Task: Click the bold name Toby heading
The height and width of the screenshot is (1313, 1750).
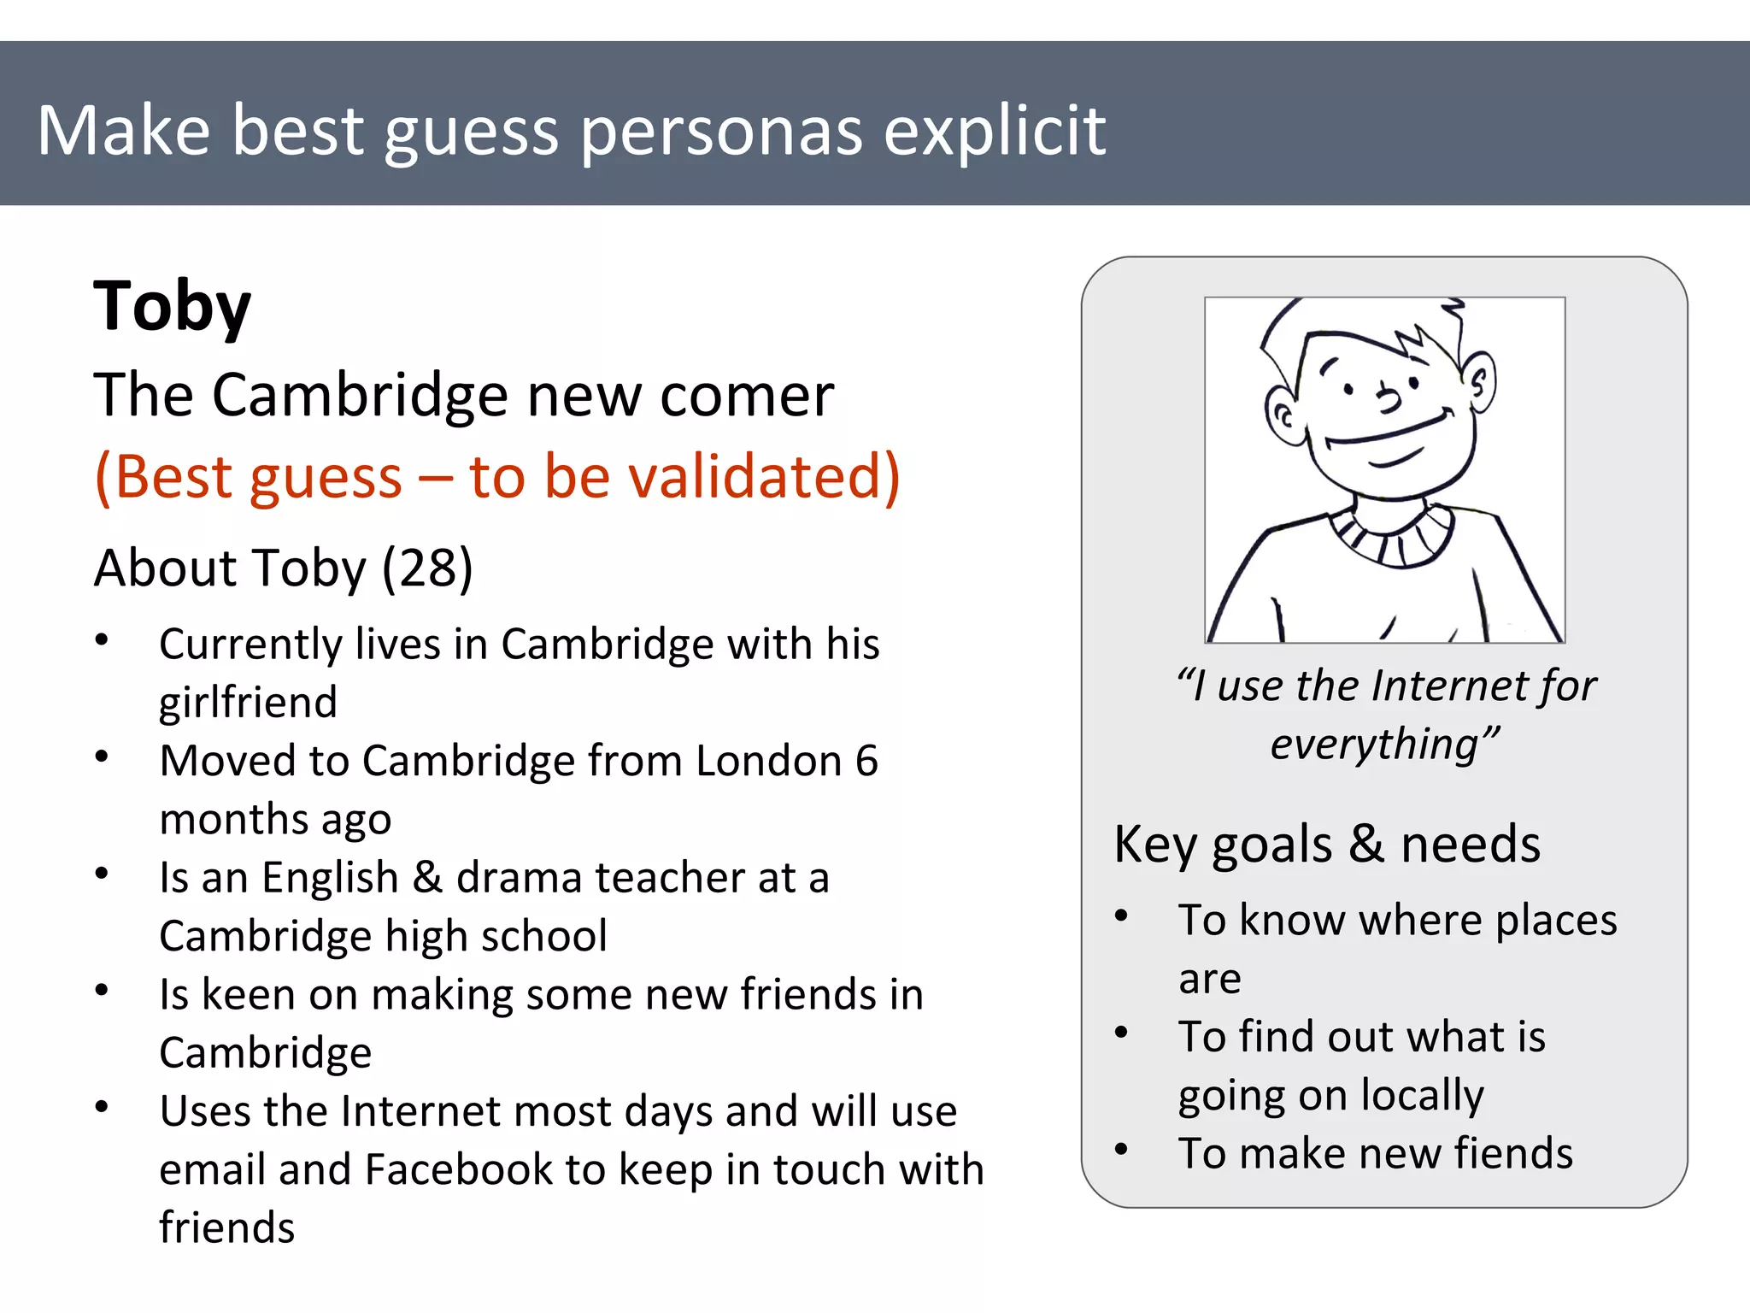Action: click(172, 306)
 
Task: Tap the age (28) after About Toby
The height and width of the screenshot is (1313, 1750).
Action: click(427, 568)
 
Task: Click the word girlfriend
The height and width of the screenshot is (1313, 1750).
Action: click(248, 703)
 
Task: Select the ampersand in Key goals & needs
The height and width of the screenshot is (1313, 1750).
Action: click(1365, 844)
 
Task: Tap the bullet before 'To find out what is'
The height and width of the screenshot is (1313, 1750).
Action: click(1122, 1033)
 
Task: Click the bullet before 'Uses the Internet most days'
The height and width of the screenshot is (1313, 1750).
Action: click(102, 1107)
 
